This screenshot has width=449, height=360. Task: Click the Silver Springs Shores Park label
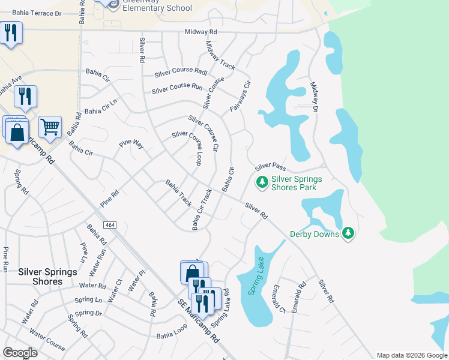(297, 183)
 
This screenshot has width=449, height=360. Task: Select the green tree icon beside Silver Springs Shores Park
(262, 181)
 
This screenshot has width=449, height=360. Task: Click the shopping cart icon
(50, 127)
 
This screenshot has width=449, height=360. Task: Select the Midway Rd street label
(200, 31)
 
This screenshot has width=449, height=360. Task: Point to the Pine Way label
(131, 144)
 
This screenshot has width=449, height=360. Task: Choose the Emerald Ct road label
(278, 299)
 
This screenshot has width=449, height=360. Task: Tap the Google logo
(20, 353)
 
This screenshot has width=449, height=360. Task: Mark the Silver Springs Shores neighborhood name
(47, 277)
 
